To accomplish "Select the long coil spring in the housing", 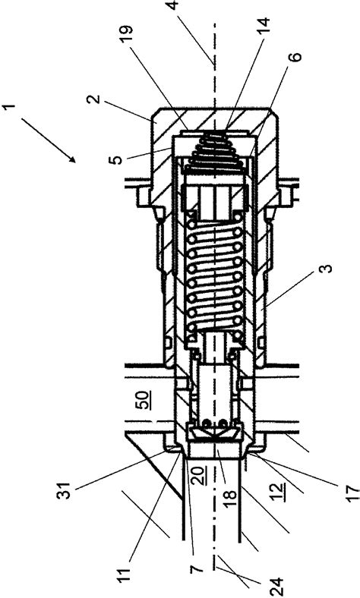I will coord(213,273).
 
